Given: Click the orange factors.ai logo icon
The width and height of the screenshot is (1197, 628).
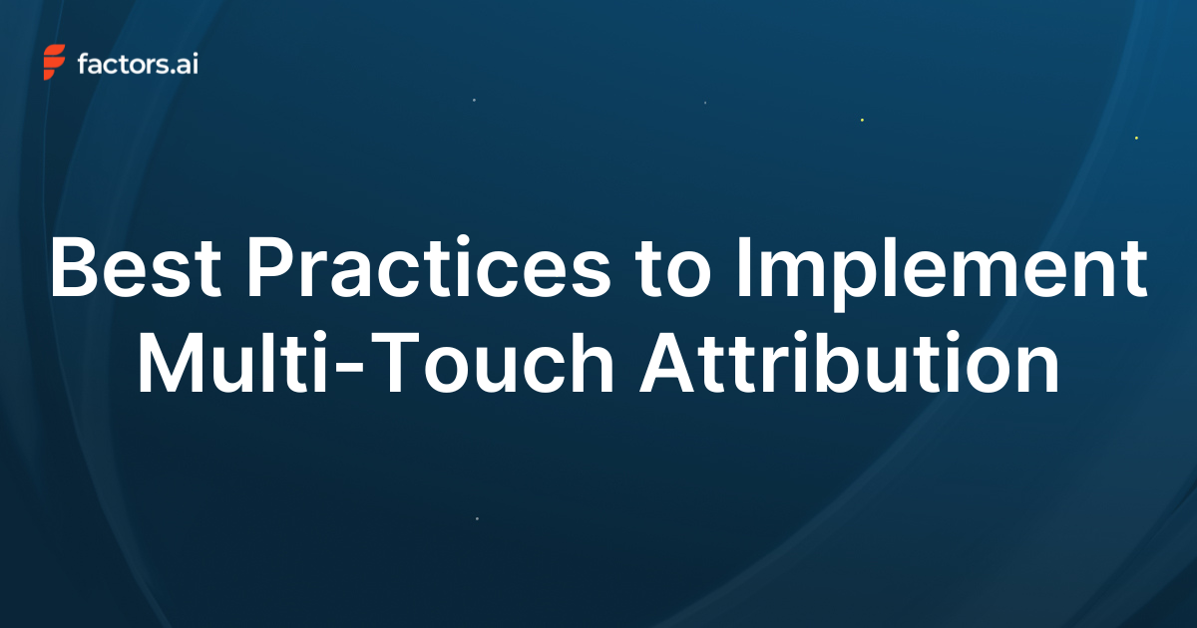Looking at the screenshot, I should pos(55,62).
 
